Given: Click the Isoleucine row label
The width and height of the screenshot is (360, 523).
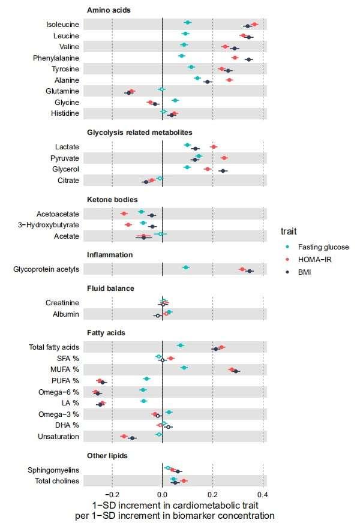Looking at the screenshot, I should (x=62, y=25).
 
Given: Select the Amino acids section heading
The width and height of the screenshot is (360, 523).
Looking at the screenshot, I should (x=109, y=10).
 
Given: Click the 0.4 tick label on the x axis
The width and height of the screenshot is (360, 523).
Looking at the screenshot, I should (x=262, y=494).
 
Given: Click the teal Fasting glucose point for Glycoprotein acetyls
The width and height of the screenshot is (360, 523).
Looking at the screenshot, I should (x=186, y=267).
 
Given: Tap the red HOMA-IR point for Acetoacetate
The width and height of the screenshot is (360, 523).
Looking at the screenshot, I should (x=124, y=214).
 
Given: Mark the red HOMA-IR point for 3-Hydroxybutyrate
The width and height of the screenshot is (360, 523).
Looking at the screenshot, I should (x=128, y=225).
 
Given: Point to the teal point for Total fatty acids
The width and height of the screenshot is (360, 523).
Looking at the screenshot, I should (x=181, y=345).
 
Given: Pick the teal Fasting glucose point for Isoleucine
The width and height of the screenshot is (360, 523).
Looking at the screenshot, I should (x=188, y=22).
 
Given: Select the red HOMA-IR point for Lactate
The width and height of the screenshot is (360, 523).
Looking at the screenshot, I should (x=214, y=146).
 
